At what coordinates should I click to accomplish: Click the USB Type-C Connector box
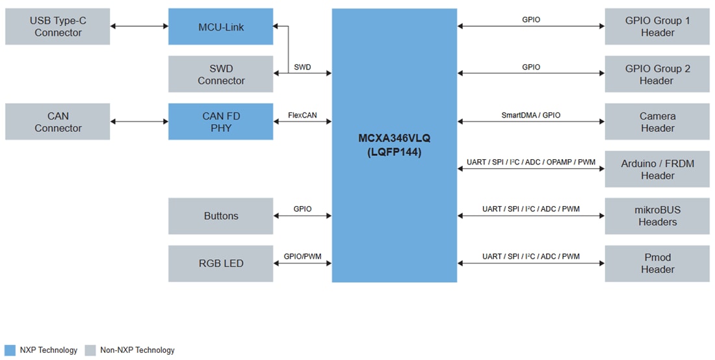click(x=57, y=27)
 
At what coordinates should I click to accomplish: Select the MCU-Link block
click(x=220, y=27)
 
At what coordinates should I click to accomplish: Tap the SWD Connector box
click(x=220, y=74)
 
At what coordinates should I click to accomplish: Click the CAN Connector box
click(x=57, y=122)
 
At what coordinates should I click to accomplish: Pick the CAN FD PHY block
click(x=220, y=122)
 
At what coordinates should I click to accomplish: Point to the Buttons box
click(x=220, y=216)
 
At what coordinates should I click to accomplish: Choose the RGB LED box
click(x=220, y=263)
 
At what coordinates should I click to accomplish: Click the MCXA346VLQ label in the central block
click(x=394, y=138)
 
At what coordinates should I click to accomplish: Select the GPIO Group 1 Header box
click(x=656, y=27)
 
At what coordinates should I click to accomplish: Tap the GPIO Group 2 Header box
click(x=656, y=74)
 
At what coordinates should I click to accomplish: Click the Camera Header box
click(x=656, y=122)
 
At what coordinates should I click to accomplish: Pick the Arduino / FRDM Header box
click(x=656, y=169)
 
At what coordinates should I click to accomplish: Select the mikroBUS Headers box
click(x=656, y=216)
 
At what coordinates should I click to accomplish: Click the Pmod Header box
click(x=656, y=263)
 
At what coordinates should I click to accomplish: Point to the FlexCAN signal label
click(x=302, y=115)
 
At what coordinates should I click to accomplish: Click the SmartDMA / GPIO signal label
click(x=530, y=115)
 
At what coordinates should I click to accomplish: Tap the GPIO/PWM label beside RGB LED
click(x=302, y=257)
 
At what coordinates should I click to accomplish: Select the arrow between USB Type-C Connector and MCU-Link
click(x=139, y=27)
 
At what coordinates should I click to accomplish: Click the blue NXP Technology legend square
click(x=9, y=350)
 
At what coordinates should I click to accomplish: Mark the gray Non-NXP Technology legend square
click(x=90, y=350)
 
